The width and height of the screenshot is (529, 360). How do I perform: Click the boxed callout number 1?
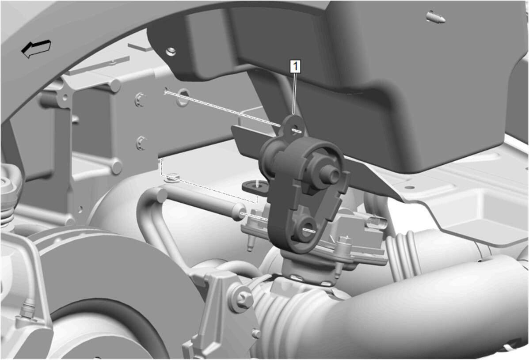point(296,66)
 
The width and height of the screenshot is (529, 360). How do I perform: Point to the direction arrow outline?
point(36,49)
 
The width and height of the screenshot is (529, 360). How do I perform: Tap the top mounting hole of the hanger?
point(296,129)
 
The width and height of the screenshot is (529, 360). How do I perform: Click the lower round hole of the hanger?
point(308,229)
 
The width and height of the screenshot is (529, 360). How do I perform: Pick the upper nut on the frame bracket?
point(140,99)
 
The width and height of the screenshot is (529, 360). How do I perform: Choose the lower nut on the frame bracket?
point(141,143)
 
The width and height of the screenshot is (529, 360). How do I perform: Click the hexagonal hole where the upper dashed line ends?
point(183,97)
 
